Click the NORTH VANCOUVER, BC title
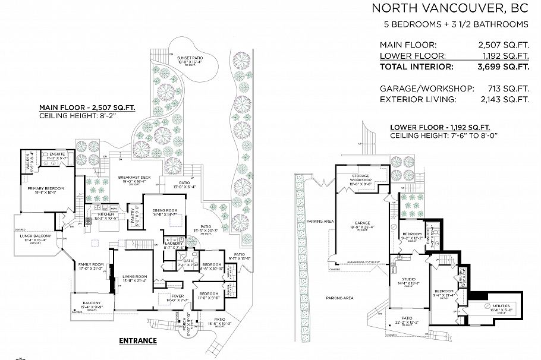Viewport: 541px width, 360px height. pyautogui.click(x=450, y=8)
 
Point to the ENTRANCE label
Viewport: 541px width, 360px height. pyautogui.click(x=138, y=340)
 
